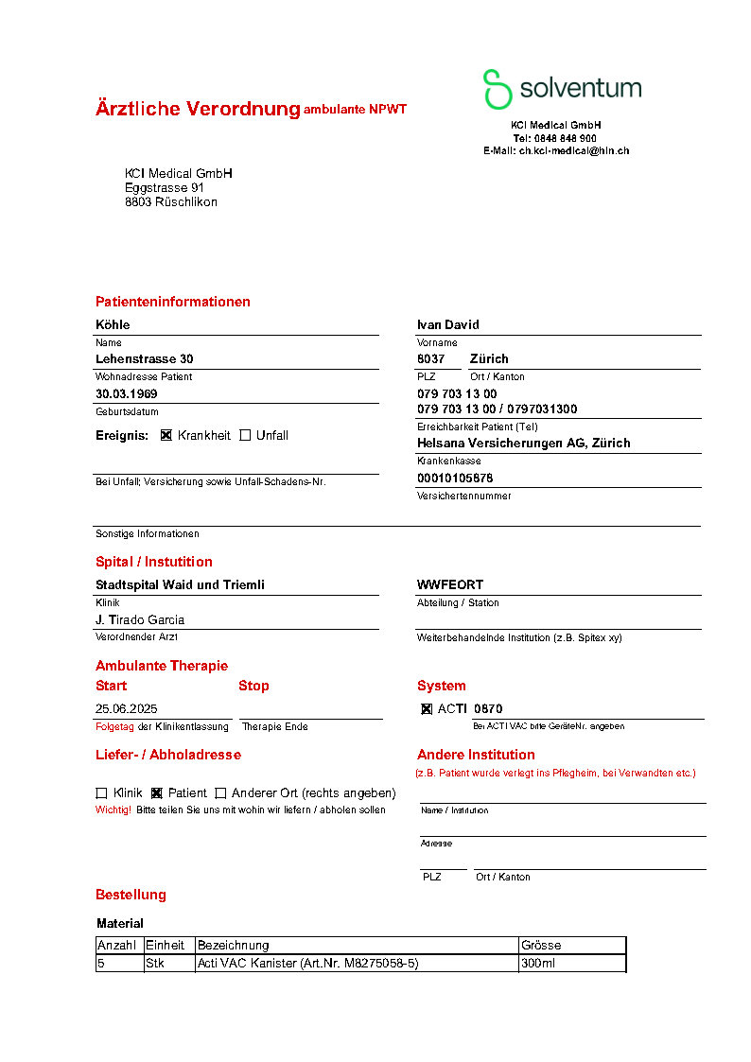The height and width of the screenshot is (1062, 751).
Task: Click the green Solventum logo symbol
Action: pos(498,89)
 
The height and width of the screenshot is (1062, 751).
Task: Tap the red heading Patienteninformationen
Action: pos(173,302)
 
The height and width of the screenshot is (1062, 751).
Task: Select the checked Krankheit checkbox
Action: pos(166,435)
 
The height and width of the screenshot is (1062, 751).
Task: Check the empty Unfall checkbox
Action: pos(245,435)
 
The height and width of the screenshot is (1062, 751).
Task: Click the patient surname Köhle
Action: pos(113,324)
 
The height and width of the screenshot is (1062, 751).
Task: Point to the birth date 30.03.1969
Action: pos(127,393)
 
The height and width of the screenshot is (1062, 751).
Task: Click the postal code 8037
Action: pos(431,358)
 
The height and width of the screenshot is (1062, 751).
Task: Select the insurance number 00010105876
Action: pos(455,478)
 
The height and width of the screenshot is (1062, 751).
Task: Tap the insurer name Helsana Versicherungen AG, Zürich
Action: pos(523,443)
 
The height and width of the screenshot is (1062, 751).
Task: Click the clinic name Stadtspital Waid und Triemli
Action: pos(180,584)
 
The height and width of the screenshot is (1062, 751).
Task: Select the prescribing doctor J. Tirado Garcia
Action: pos(140,619)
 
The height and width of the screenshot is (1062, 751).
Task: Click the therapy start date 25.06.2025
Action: pos(127,708)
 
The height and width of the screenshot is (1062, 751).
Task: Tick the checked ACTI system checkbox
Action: pos(427,708)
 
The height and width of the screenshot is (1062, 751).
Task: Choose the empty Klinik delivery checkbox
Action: pos(101,792)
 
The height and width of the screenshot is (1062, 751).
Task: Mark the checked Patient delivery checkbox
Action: pos(157,792)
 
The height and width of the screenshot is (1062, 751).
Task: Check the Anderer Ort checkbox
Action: pos(220,792)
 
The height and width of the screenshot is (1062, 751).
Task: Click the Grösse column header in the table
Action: pos(541,945)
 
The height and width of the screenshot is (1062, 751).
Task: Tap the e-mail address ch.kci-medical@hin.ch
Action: pos(573,150)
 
